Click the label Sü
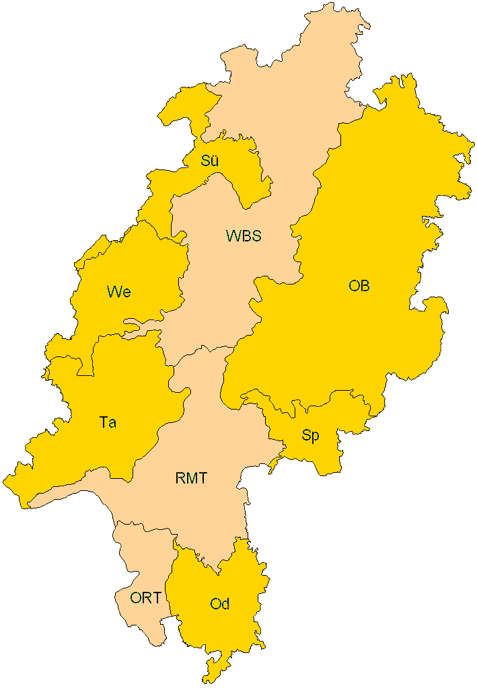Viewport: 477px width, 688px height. click(x=210, y=161)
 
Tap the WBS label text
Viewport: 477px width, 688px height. click(x=243, y=236)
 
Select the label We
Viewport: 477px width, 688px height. click(x=118, y=292)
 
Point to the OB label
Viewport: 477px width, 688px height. click(x=359, y=286)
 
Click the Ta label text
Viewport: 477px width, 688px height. click(x=108, y=422)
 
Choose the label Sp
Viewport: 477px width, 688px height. click(x=310, y=436)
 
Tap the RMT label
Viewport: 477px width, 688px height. click(x=191, y=479)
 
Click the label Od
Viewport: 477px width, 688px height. click(x=220, y=604)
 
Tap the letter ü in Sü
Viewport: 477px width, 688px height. click(x=215, y=161)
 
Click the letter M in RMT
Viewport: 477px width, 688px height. click(x=191, y=479)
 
